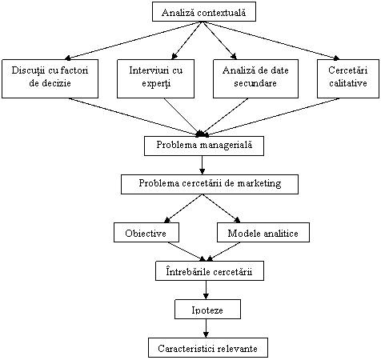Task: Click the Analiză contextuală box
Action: click(204, 11)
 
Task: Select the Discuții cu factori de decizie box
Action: click(50, 78)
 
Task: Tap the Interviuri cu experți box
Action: click(155, 78)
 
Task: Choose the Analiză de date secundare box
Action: click(255, 78)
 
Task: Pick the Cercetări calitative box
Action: click(348, 78)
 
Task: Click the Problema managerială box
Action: click(204, 146)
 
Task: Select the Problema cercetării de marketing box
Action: click(210, 184)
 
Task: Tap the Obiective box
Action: click(146, 233)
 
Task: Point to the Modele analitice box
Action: click(263, 233)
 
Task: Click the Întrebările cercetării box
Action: click(210, 270)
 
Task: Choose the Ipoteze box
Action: click(207, 309)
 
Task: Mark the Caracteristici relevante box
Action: click(208, 347)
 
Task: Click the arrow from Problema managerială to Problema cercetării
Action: click(202, 165)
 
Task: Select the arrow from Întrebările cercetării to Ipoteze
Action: click(206, 290)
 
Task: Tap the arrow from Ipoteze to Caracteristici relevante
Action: click(206, 328)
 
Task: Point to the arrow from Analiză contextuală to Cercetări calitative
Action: click(271, 41)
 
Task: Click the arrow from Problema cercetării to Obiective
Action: click(183, 208)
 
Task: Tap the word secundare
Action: click(255, 83)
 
